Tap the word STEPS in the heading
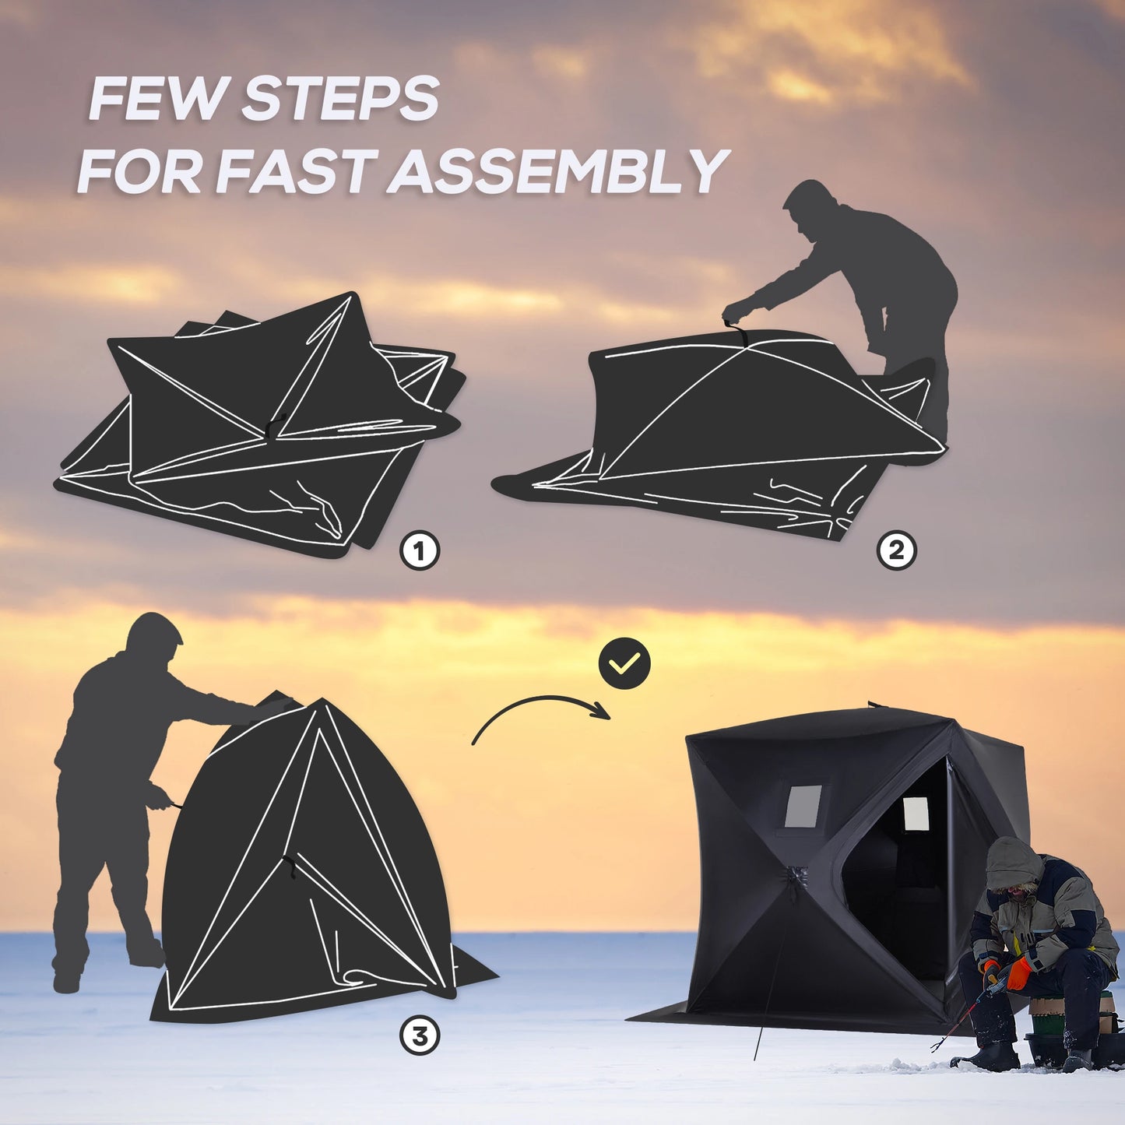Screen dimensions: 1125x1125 tap(340, 99)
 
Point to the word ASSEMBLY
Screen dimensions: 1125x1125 tap(558, 172)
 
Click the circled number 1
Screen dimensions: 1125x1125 tap(420, 552)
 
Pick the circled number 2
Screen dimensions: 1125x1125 tap(896, 551)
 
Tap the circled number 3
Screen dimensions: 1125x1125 tap(420, 1036)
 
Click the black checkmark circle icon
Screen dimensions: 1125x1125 tap(624, 663)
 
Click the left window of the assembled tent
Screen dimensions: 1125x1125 tap(803, 807)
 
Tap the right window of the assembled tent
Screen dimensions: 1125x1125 tap(916, 814)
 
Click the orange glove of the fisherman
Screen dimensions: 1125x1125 tap(1018, 973)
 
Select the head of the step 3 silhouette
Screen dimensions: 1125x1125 tap(155, 638)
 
